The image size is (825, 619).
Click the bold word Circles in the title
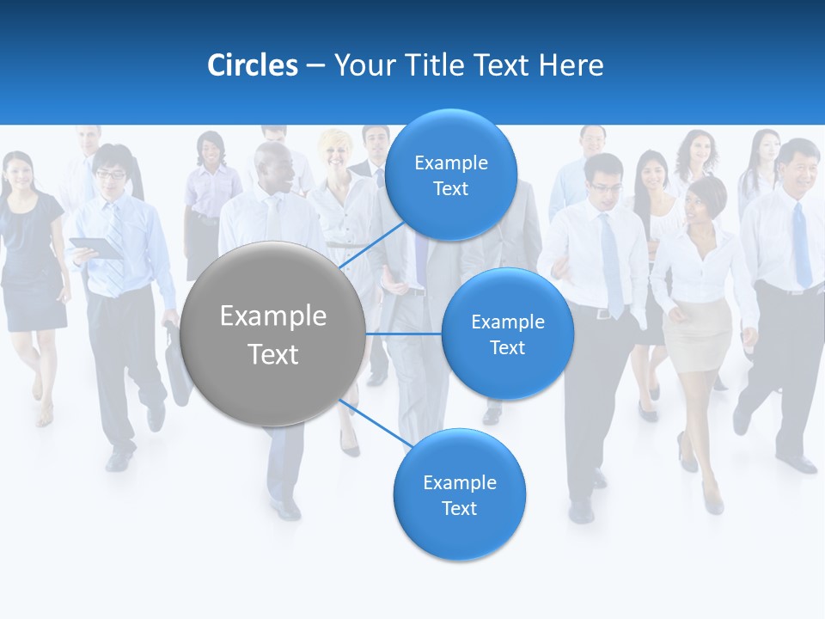pyautogui.click(x=252, y=65)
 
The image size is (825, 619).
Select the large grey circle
pyautogui.click(x=273, y=334)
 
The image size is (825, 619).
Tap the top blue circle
pyautogui.click(x=450, y=175)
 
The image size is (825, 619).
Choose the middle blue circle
pyautogui.click(x=507, y=334)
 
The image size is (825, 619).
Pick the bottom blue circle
pyautogui.click(x=459, y=495)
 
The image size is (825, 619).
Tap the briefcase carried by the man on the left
pyautogui.click(x=178, y=365)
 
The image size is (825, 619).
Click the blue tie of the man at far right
pyautogui.click(x=801, y=245)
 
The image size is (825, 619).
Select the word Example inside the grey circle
pyautogui.click(x=273, y=316)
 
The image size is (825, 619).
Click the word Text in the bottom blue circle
pyautogui.click(x=459, y=509)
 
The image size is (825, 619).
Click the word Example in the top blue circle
pyautogui.click(x=450, y=162)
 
